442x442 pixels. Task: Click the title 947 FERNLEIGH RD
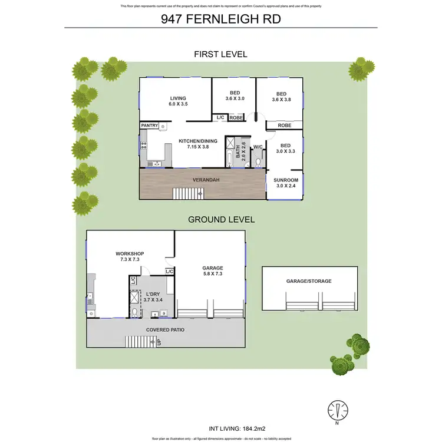click(221, 19)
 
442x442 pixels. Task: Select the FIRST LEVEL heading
click(221, 54)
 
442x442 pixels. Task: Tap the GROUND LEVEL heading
click(221, 219)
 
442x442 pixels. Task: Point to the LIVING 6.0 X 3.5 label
click(178, 101)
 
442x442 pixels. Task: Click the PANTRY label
click(149, 126)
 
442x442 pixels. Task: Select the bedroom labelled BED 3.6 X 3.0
click(234, 95)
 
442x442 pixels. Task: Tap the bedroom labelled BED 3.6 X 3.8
click(281, 97)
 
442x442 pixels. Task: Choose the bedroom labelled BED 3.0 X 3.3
click(285, 149)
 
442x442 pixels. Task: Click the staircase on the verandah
click(186, 193)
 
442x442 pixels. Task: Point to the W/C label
click(258, 147)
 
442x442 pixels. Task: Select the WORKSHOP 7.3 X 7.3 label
click(130, 256)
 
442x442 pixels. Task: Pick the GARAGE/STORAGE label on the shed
click(309, 281)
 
